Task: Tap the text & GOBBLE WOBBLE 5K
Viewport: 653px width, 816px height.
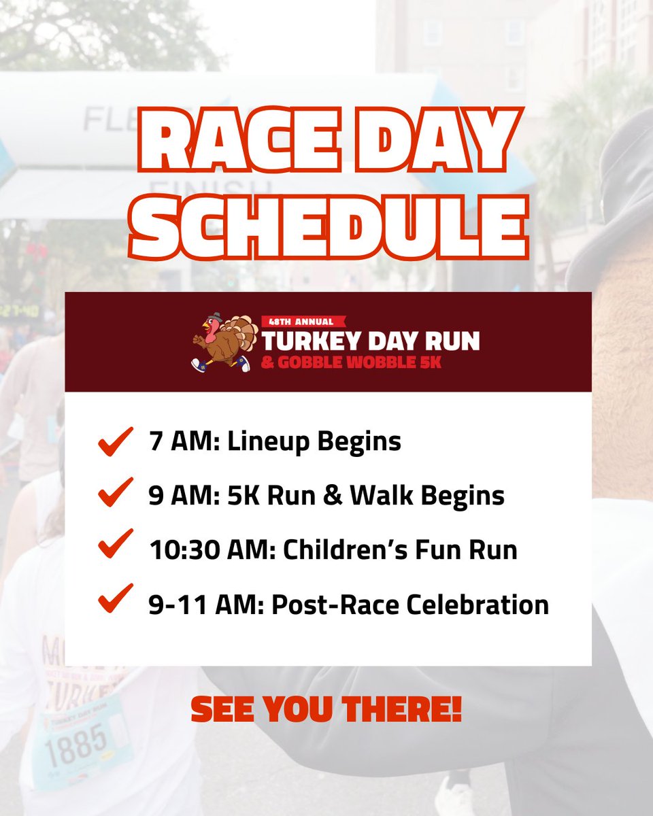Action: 352,362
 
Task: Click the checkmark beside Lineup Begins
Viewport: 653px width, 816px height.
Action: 115,443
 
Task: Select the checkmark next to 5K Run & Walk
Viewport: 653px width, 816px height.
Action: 115,495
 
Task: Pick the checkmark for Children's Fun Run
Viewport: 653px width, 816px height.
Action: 115,548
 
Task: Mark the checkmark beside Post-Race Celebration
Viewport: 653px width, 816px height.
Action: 115,602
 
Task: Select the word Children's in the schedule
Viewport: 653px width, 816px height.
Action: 341,549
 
